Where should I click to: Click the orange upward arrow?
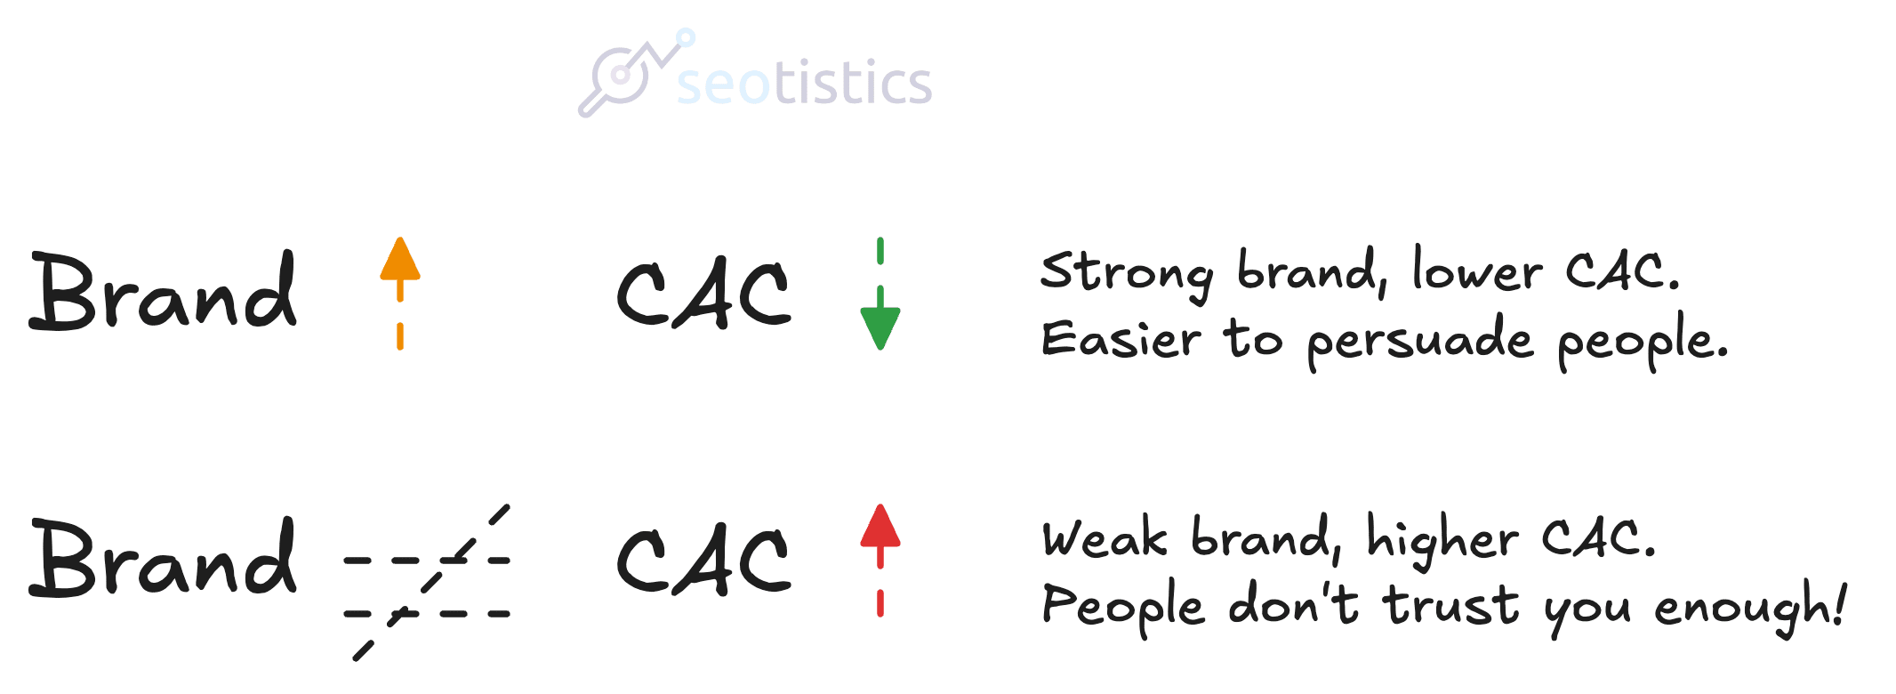(400, 293)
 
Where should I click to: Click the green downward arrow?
(880, 294)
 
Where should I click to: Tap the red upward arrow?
(880, 561)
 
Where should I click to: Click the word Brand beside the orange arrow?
(164, 291)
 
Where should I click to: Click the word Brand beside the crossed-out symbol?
(164, 558)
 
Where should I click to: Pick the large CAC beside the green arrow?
(703, 295)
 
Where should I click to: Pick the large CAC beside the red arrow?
(703, 561)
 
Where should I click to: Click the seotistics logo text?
(804, 82)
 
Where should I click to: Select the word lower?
(1477, 270)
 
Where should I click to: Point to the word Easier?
(1121, 339)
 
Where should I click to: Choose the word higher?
(1442, 540)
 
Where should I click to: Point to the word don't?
(1293, 604)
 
